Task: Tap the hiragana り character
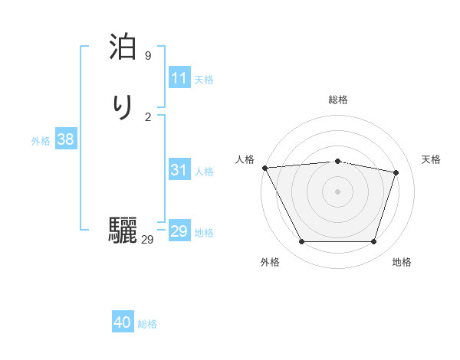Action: click(123, 106)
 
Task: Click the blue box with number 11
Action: click(179, 78)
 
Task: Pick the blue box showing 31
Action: click(179, 170)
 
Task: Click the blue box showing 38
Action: click(65, 139)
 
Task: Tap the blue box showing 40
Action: click(123, 322)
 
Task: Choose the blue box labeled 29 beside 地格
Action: click(179, 231)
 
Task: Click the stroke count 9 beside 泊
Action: click(148, 56)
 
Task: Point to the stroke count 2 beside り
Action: click(148, 116)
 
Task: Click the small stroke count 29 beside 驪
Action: click(147, 240)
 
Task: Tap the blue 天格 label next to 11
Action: click(204, 80)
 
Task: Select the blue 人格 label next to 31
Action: click(204, 172)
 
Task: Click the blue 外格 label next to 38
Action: click(41, 141)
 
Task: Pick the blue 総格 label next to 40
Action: click(147, 324)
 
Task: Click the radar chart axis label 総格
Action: click(337, 100)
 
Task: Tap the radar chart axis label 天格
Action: click(431, 159)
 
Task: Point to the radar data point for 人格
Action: click(264, 168)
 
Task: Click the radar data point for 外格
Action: click(301, 242)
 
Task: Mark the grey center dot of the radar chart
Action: click(337, 191)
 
